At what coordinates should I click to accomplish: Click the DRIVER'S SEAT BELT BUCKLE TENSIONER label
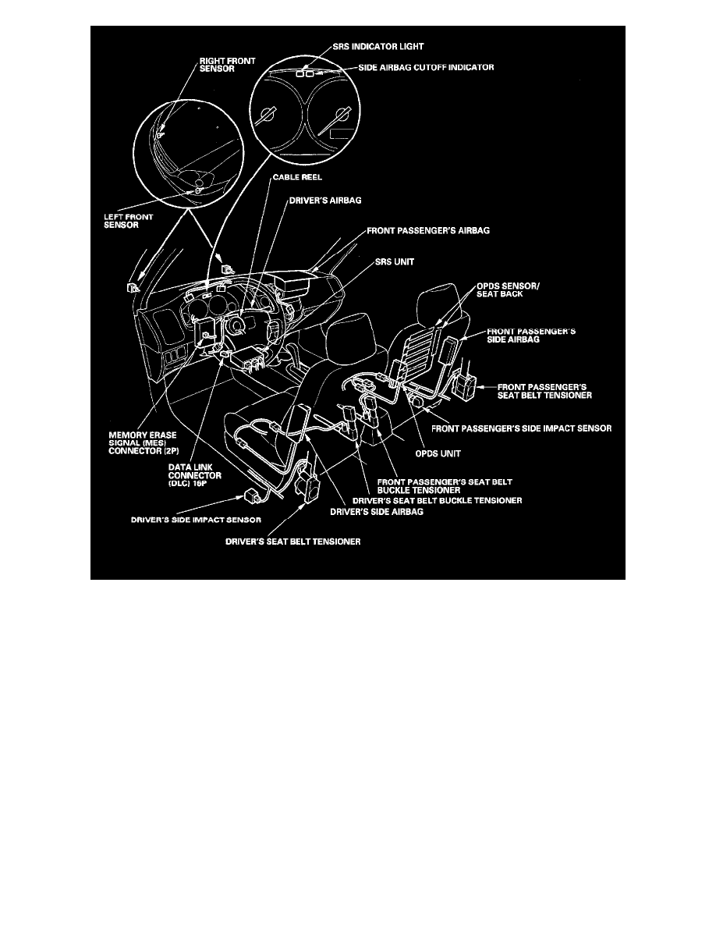438,499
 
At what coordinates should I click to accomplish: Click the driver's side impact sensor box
255,494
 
